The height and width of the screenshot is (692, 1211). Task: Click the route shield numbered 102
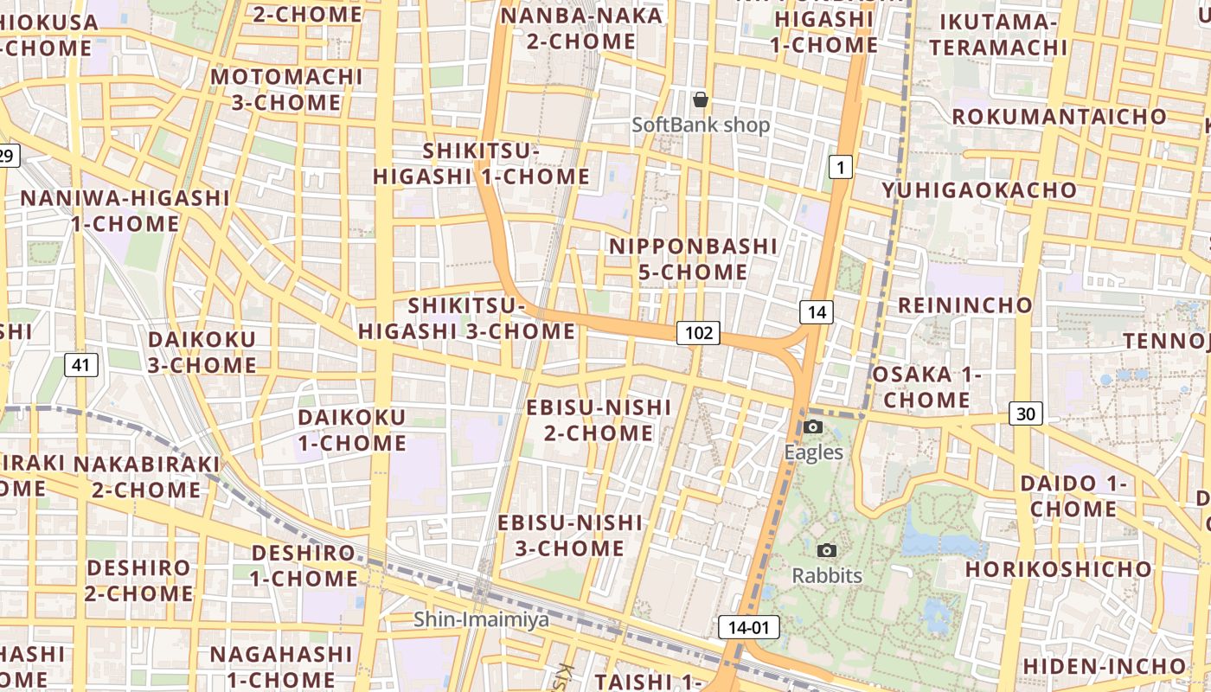click(x=698, y=332)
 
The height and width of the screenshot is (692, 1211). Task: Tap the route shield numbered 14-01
click(x=749, y=627)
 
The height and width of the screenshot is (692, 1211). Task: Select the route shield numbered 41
click(x=80, y=365)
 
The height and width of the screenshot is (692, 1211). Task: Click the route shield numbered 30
click(x=1025, y=413)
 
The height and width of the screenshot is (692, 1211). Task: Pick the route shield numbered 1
click(x=840, y=167)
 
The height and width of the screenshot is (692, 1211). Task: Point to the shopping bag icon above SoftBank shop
click(x=701, y=99)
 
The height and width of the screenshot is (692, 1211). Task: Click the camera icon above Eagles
click(x=813, y=426)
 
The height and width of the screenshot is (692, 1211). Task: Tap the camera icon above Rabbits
click(x=827, y=550)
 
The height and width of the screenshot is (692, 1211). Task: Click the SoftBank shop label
click(x=701, y=125)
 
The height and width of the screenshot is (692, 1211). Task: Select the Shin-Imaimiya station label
click(x=481, y=619)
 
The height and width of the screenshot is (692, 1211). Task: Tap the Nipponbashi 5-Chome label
click(x=693, y=259)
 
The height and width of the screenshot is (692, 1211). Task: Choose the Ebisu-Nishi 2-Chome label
click(x=599, y=420)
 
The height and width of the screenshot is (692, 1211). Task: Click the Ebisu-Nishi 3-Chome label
click(x=570, y=535)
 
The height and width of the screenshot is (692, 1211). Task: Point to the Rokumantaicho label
click(x=1060, y=116)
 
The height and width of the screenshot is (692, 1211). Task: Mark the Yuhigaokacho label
click(x=979, y=189)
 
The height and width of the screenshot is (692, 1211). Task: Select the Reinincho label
click(x=965, y=304)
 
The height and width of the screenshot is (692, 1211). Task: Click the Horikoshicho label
click(x=1059, y=569)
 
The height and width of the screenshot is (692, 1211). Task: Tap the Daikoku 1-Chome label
click(x=351, y=430)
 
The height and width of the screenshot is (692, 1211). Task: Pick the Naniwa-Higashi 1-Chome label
click(x=125, y=211)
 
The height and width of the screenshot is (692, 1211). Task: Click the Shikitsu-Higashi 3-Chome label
click(x=467, y=317)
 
